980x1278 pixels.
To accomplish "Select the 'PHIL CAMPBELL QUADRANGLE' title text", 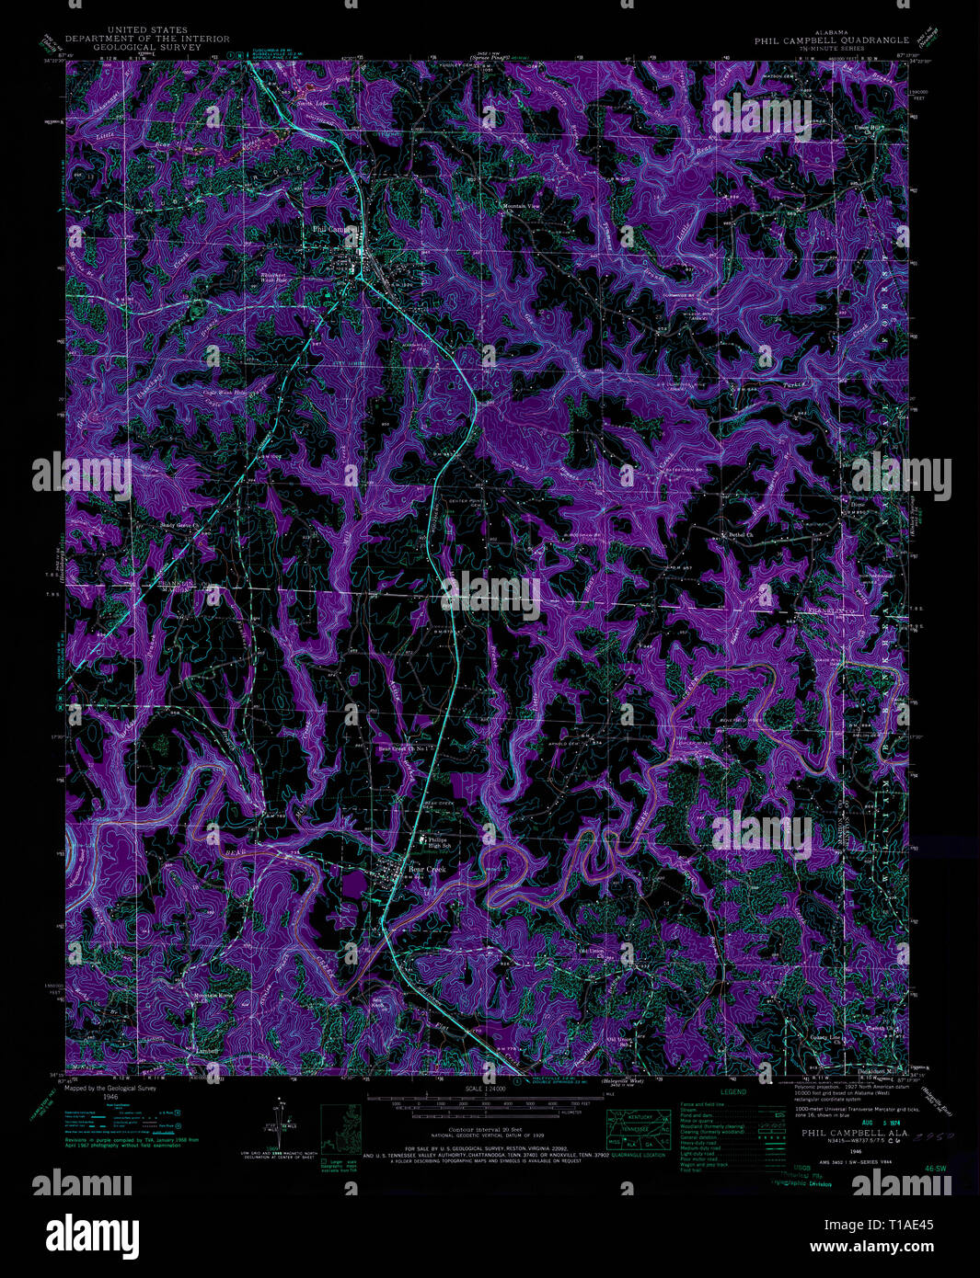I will (832, 40).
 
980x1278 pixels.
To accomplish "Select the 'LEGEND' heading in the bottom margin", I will (732, 1092).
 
